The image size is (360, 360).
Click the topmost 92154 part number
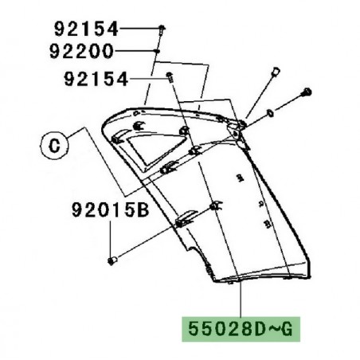[x=85, y=29]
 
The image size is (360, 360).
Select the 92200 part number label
[x=85, y=52]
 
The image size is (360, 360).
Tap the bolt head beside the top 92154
[x=162, y=29]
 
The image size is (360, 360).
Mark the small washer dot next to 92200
[x=157, y=52]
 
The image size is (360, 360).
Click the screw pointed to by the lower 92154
[x=170, y=77]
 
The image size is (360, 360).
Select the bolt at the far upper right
[x=307, y=95]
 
